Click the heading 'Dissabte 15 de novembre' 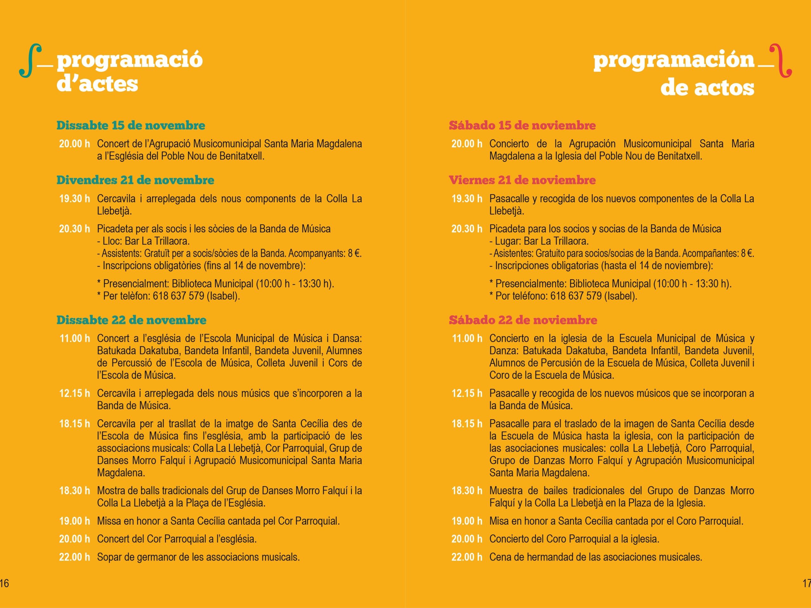(x=131, y=125)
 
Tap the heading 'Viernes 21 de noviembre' (x=522, y=180)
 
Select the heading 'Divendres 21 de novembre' (x=135, y=180)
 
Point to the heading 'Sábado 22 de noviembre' (x=523, y=320)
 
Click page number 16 (x=4, y=583)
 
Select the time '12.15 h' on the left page (x=74, y=394)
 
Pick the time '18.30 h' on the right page (x=467, y=491)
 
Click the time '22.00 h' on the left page (x=74, y=557)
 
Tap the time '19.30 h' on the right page (x=467, y=199)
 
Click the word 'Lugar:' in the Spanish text (x=508, y=241)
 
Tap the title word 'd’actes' (x=97, y=84)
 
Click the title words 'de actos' (x=707, y=88)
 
